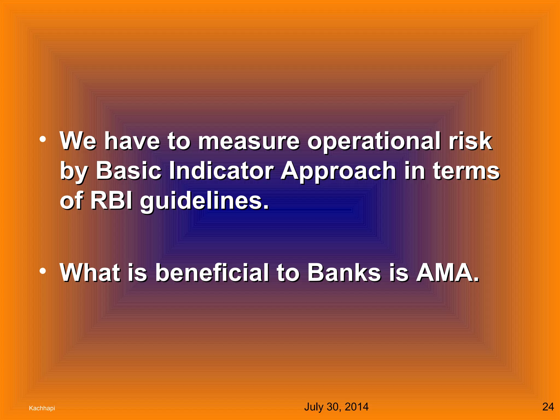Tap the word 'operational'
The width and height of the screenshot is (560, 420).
(x=374, y=142)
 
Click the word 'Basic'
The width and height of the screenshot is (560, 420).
(x=129, y=171)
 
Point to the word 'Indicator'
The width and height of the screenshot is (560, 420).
(x=221, y=171)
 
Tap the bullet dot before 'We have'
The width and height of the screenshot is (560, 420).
(x=43, y=140)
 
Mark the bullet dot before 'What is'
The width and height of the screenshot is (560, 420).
(x=43, y=271)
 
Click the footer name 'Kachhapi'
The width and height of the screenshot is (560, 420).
(x=42, y=408)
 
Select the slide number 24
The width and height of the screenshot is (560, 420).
(x=548, y=407)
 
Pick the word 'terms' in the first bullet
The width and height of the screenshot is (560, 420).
(x=466, y=171)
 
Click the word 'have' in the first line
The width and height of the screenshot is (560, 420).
(x=132, y=142)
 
